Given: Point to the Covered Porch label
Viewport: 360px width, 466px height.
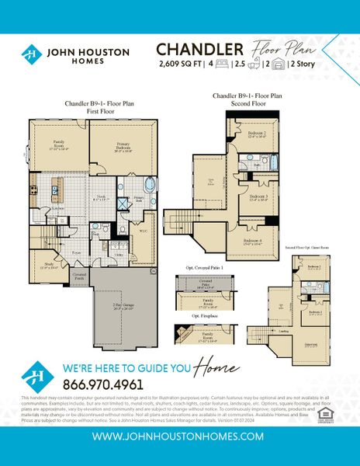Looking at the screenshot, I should [79, 275].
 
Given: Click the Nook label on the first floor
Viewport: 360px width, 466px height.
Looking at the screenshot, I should [100, 198].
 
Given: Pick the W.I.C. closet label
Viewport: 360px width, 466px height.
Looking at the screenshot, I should [143, 230].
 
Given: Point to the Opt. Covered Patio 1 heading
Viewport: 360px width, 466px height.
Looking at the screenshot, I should [204, 267].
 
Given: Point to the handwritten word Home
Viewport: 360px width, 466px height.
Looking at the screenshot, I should [213, 367].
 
